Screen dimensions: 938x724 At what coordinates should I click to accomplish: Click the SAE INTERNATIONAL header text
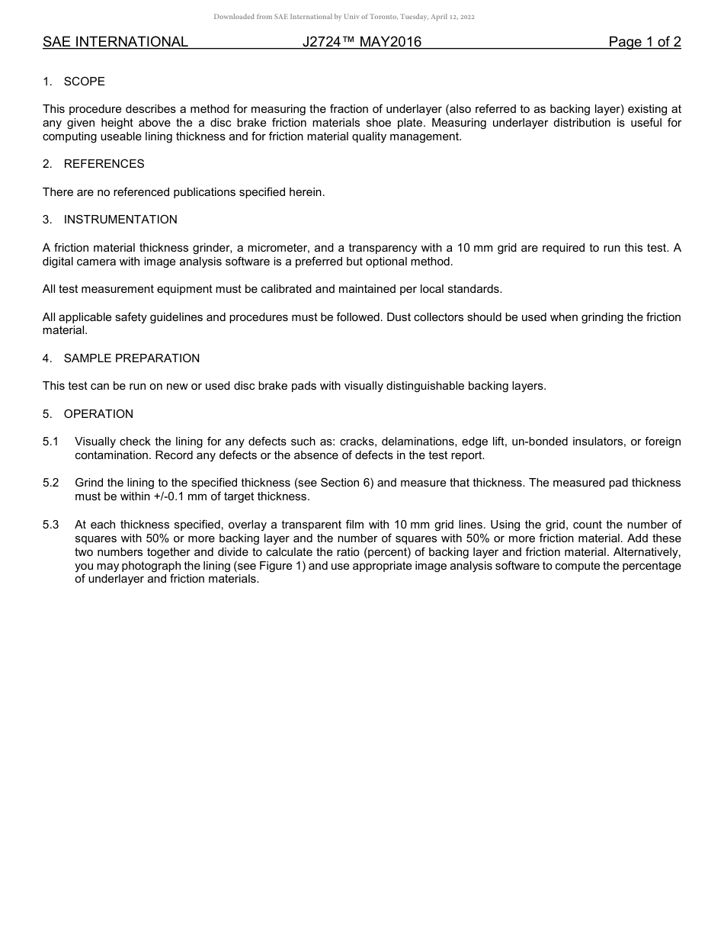(x=115, y=42)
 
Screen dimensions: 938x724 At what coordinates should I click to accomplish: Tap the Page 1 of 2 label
(x=644, y=42)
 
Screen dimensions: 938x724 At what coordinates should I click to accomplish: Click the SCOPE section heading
(x=84, y=82)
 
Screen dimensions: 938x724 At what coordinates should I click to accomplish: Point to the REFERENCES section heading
(x=104, y=164)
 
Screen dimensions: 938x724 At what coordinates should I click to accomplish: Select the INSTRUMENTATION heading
(x=120, y=220)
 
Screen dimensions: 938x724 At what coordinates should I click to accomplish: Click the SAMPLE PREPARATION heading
(x=132, y=358)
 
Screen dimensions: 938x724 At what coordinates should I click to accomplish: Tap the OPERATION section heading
(x=98, y=414)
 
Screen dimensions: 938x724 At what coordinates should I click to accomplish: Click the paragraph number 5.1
(x=50, y=442)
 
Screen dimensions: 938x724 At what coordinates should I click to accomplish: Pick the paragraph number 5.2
(x=50, y=483)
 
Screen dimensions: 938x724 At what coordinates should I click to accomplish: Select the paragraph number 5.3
(x=50, y=525)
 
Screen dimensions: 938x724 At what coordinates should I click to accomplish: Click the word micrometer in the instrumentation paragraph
(x=281, y=248)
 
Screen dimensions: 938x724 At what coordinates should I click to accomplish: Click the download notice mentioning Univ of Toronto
(x=344, y=17)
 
